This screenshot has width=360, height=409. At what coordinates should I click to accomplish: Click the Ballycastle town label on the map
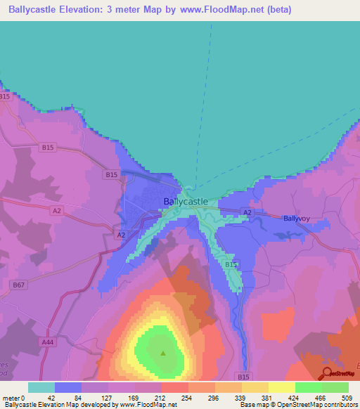point(185,201)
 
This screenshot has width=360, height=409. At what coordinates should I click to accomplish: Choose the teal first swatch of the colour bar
point(41,387)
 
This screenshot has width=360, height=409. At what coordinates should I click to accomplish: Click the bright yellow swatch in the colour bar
point(281,387)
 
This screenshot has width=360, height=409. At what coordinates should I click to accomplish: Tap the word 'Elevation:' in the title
point(88,10)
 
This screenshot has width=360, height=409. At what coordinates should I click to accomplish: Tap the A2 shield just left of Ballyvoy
point(247,212)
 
